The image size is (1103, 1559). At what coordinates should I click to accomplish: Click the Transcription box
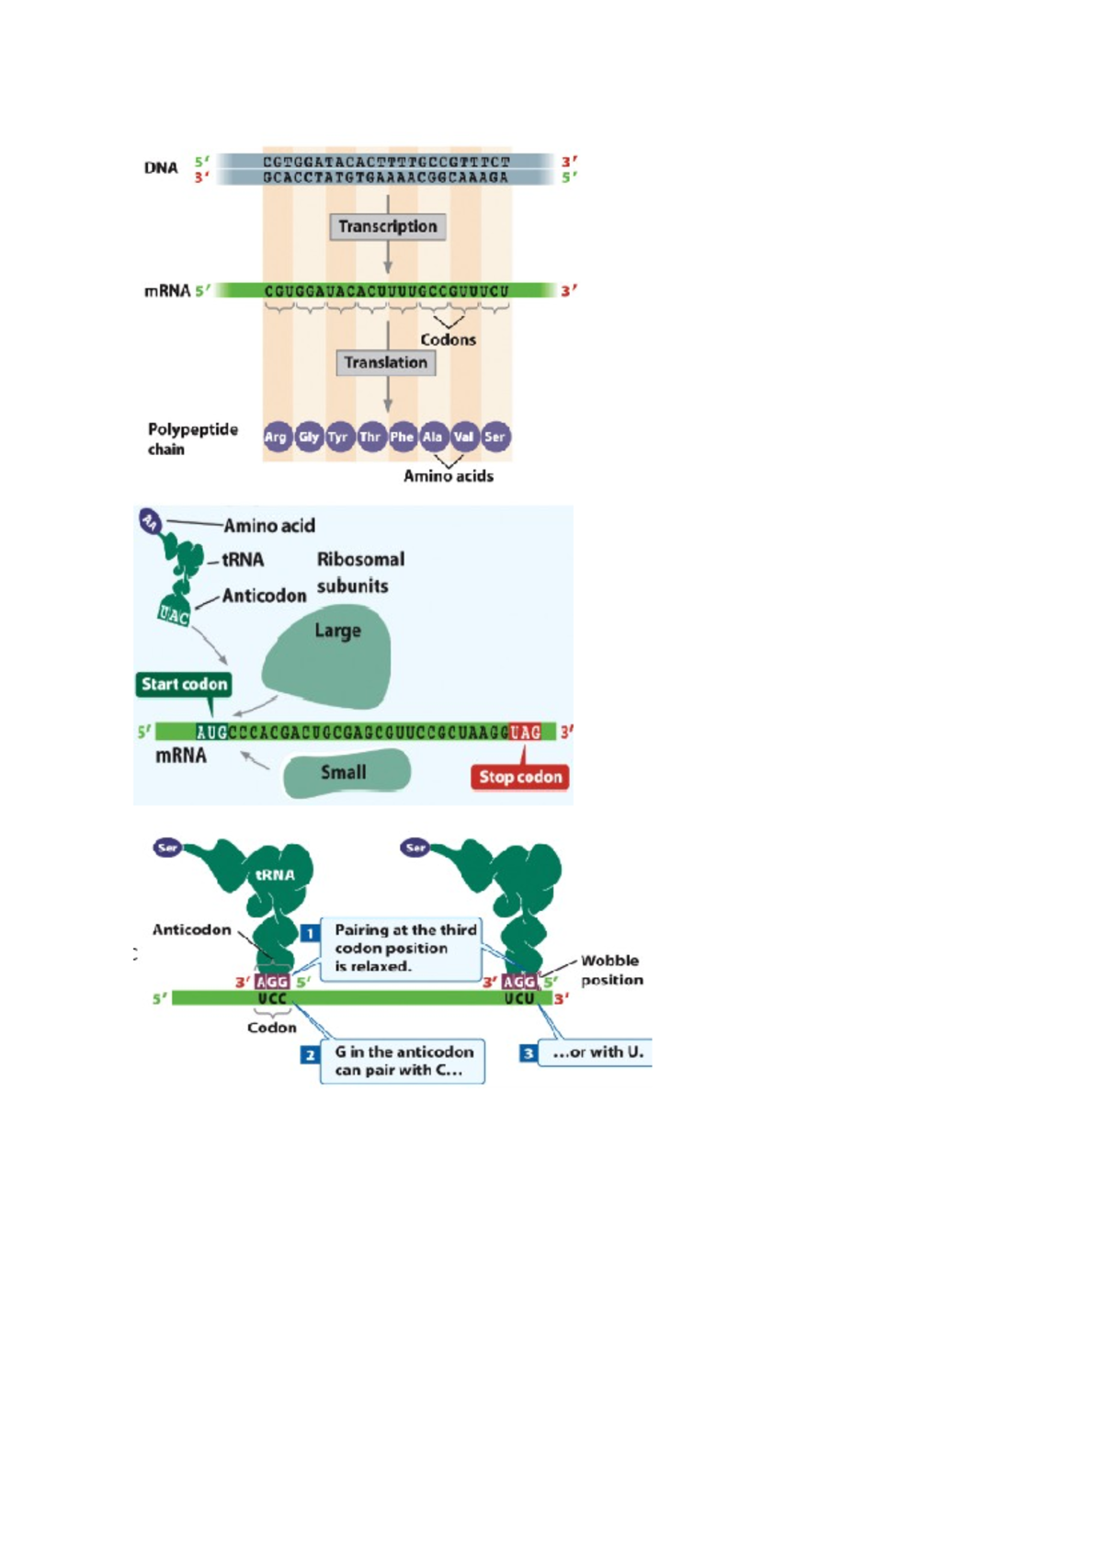(388, 226)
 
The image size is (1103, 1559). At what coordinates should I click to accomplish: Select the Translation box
(386, 362)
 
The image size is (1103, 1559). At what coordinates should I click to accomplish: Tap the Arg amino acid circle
(276, 437)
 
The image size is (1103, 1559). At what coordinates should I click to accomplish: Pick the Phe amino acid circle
(402, 437)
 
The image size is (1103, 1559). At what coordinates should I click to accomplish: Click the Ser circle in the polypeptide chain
(495, 437)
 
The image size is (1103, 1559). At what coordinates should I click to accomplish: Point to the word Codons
(449, 339)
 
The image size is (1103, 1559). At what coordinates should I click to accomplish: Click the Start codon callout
(184, 684)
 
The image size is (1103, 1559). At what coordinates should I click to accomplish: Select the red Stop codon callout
(520, 777)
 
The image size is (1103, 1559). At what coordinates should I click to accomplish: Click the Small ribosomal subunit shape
(345, 773)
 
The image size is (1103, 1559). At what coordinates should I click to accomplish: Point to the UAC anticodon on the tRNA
(174, 614)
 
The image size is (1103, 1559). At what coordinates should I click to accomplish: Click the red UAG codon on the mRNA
(526, 733)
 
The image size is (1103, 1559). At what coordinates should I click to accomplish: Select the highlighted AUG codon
(211, 733)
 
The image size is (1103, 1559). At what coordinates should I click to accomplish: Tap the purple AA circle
(150, 522)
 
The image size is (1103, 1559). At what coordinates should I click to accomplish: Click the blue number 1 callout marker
(310, 933)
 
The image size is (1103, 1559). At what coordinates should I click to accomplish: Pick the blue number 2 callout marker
(310, 1054)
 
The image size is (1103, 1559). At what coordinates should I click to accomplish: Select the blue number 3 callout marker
(528, 1053)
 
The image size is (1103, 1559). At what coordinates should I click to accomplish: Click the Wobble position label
(611, 970)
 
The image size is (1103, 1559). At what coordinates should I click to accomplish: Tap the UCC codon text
(272, 998)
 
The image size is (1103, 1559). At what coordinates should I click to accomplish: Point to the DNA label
(161, 167)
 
